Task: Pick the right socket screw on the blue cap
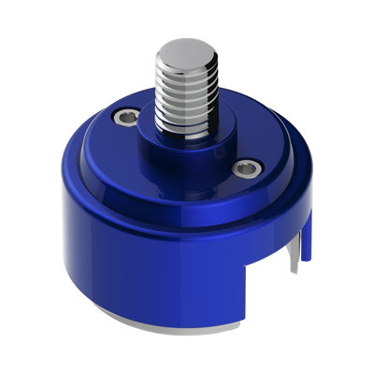pyautogui.click(x=246, y=168)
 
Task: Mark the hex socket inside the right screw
pyautogui.click(x=246, y=168)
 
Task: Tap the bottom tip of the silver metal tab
pyautogui.click(x=295, y=270)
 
